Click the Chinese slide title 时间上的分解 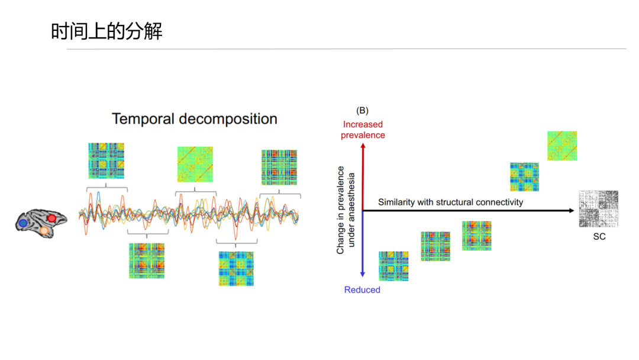(x=106, y=31)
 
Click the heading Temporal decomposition (x=195, y=118)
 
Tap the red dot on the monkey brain (x=51, y=218)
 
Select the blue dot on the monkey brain (x=23, y=223)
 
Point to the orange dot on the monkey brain (x=44, y=231)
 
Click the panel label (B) (x=362, y=111)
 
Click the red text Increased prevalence (x=363, y=130)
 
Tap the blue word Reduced (x=362, y=290)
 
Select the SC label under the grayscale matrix (x=599, y=236)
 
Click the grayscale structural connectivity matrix (x=599, y=209)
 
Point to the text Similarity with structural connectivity (x=450, y=202)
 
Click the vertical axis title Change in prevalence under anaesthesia (x=345, y=210)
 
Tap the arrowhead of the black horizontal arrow (x=573, y=210)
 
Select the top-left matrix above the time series (x=106, y=160)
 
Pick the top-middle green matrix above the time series (x=195, y=164)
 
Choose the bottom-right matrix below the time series (x=236, y=269)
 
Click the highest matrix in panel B (x=562, y=146)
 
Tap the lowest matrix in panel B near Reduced (x=393, y=266)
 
